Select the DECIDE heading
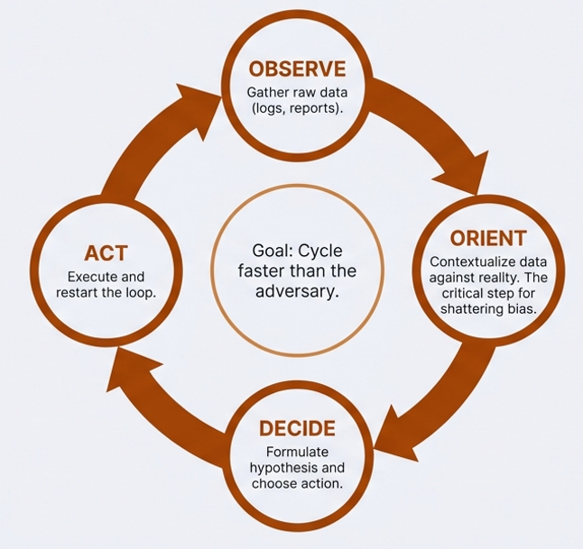pos(297,428)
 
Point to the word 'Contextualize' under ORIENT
pos(463,261)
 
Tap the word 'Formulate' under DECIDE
pos(297,451)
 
